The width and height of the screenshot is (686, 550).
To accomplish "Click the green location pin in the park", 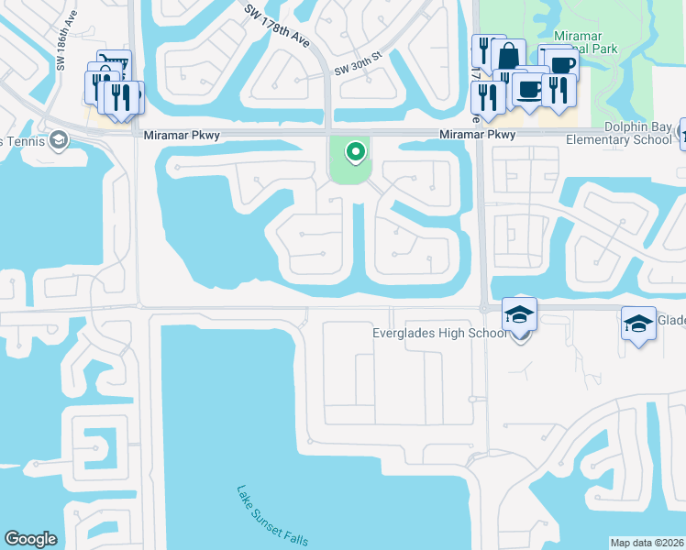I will pyautogui.click(x=351, y=151).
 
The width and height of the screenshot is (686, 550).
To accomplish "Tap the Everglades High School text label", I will pyautogui.click(x=439, y=333).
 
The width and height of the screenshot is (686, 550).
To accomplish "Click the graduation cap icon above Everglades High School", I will pyautogui.click(x=520, y=314).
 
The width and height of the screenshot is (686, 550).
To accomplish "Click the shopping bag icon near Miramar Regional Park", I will pyautogui.click(x=507, y=57).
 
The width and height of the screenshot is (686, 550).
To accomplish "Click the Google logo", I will pyautogui.click(x=30, y=539).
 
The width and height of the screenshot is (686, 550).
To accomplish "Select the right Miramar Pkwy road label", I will pyautogui.click(x=477, y=134).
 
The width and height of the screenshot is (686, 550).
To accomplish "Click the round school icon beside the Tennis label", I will pyautogui.click(x=59, y=140).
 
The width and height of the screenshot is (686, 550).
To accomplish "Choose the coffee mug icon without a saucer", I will pyautogui.click(x=563, y=65).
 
